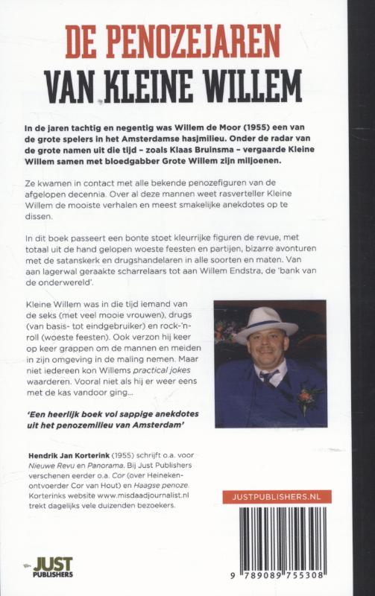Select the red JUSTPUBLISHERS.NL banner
pos(277,497)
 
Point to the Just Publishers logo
pos(51,568)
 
